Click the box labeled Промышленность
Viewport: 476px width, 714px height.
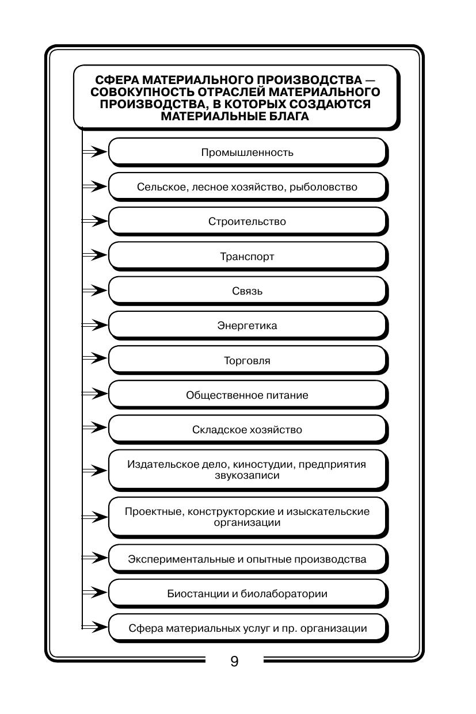click(x=247, y=152)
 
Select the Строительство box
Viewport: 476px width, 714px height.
click(x=247, y=222)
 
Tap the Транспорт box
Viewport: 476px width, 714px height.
click(x=247, y=257)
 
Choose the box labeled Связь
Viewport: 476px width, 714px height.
click(x=247, y=291)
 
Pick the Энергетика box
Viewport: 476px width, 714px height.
click(x=247, y=326)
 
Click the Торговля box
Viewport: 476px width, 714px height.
click(x=247, y=361)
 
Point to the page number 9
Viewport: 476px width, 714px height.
click(x=234, y=661)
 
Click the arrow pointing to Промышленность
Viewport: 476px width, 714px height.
click(x=96, y=152)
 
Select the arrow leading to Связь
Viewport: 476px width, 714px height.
click(x=96, y=291)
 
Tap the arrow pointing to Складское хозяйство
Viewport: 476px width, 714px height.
click(x=96, y=429)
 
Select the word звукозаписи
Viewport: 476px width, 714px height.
click(x=247, y=476)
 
